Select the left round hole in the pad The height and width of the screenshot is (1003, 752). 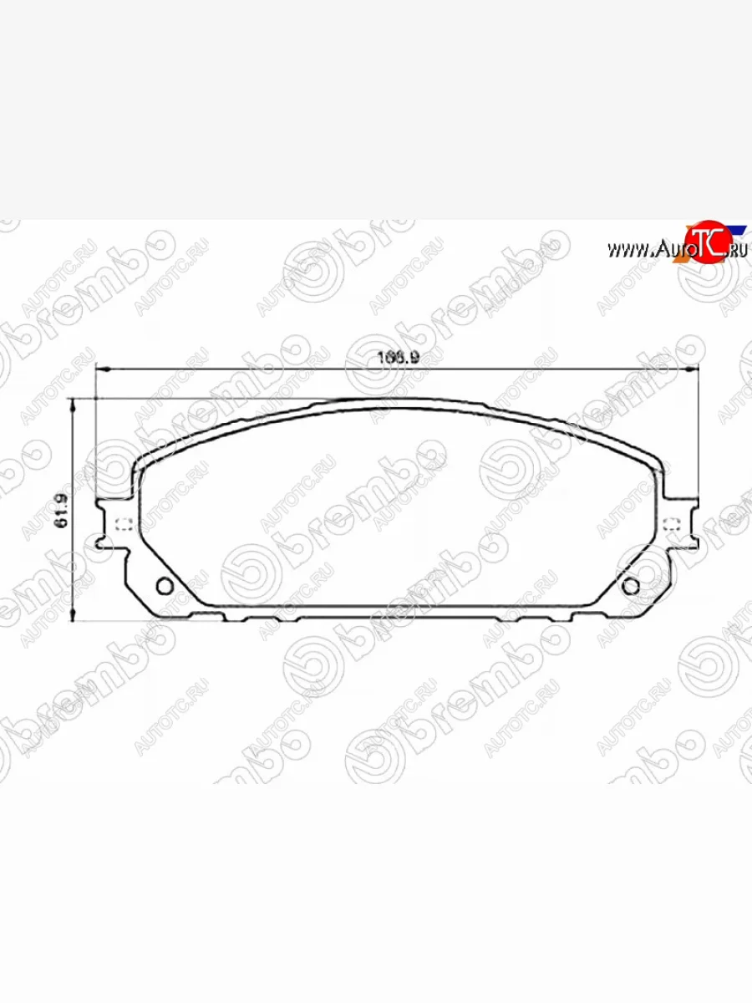point(165,585)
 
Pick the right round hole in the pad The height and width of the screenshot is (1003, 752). point(631,585)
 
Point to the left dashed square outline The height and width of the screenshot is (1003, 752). point(123,526)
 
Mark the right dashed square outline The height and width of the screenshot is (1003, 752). point(670,525)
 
